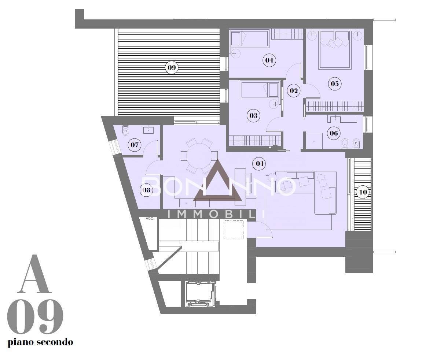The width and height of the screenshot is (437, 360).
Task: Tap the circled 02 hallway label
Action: [293, 90]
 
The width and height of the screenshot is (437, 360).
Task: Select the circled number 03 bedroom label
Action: [253, 116]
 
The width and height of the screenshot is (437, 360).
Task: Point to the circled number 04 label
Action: [269, 60]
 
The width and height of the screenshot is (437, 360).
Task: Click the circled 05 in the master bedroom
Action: [334, 84]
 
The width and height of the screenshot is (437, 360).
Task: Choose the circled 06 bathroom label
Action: [334, 133]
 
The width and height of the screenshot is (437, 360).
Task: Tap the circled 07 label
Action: [135, 145]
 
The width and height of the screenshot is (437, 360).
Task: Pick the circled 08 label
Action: [146, 190]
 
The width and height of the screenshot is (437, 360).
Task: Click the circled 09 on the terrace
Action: [172, 67]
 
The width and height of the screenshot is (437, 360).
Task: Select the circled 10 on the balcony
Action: [363, 192]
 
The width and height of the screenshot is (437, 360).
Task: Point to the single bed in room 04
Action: [249, 39]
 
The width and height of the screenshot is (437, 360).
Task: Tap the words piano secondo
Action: [40, 342]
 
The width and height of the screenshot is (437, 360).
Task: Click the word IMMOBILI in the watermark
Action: [216, 214]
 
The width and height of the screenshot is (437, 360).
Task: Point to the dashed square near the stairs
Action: [234, 230]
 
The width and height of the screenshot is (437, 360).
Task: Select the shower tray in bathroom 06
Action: [314, 141]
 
